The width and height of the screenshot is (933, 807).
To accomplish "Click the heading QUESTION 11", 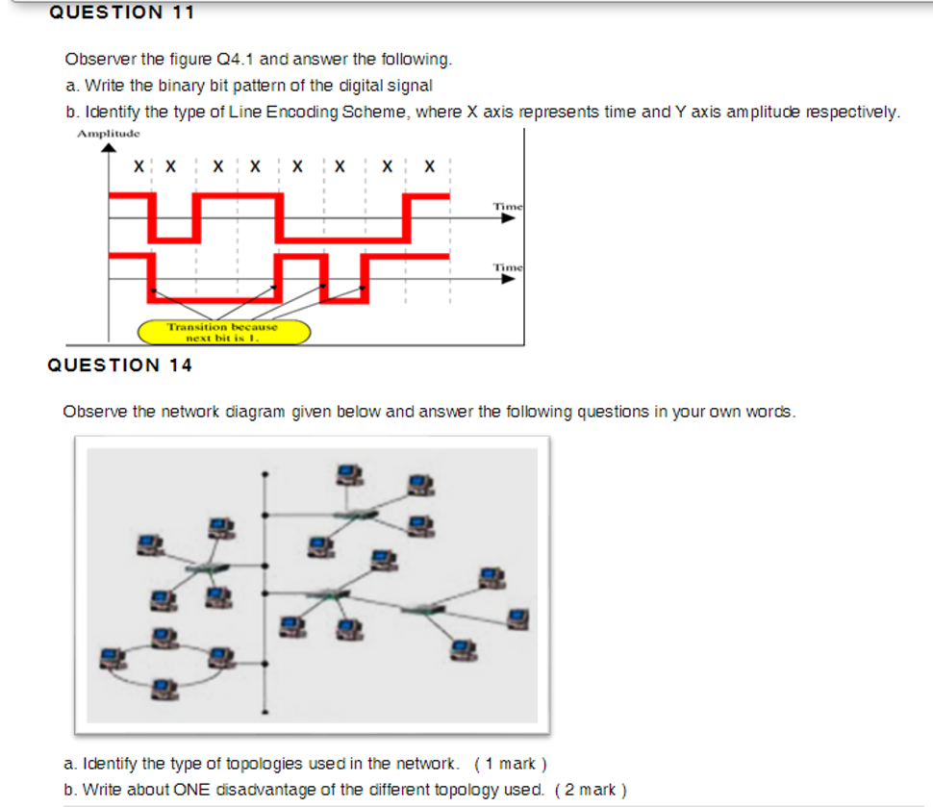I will (x=120, y=13).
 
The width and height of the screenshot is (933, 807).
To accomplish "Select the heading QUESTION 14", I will (x=119, y=365).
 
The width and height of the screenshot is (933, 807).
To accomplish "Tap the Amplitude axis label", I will (x=109, y=133).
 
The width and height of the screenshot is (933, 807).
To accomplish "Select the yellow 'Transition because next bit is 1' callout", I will (x=224, y=332).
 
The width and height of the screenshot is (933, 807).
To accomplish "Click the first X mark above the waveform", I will (x=140, y=166).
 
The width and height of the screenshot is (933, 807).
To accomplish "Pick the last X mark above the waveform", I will (x=430, y=166).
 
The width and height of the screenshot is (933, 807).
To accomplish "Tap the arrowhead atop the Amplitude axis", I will (x=109, y=147).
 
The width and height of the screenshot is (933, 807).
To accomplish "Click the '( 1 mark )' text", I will (x=511, y=765).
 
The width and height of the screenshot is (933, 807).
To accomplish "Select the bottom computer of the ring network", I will (x=165, y=686).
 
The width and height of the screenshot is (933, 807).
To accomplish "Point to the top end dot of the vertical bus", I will (x=265, y=475).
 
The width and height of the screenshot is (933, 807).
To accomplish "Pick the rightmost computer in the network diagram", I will (x=518, y=615).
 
